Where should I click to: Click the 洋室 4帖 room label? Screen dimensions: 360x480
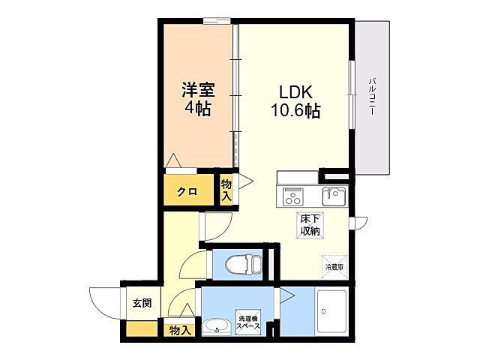(x=198, y=98)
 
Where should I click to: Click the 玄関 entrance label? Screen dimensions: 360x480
(x=142, y=304)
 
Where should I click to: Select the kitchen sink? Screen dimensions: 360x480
(x=334, y=197)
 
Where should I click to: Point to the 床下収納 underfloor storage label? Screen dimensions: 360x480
(x=310, y=226)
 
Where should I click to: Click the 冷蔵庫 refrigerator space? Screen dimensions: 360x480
(x=334, y=266)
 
